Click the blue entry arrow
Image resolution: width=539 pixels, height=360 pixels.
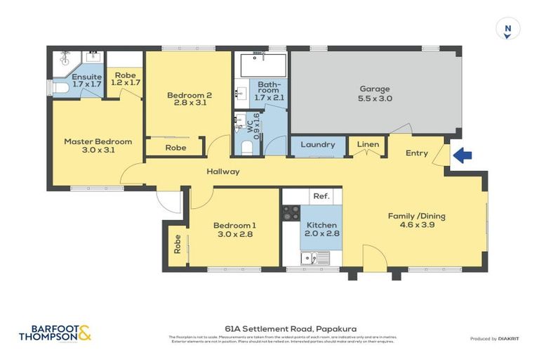coord(461,155)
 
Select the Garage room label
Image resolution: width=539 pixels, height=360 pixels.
coord(375,94)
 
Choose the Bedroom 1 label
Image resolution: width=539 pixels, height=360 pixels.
coord(234,230)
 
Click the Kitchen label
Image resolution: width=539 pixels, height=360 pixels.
coord(321,230)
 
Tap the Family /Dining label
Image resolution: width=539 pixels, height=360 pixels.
coord(417,221)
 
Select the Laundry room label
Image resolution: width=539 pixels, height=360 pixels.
coord(318,145)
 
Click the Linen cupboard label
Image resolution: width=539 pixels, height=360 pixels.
coord(368,145)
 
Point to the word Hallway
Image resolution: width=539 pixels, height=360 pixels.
coord(222,172)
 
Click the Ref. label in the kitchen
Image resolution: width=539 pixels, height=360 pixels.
coord(321,197)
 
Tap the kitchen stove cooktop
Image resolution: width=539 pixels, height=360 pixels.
coord(291,213)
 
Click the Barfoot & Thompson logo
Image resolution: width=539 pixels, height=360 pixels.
coord(55,333)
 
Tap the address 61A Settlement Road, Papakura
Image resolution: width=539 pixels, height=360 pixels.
coord(269,328)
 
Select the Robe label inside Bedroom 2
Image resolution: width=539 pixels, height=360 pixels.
coord(175,148)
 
